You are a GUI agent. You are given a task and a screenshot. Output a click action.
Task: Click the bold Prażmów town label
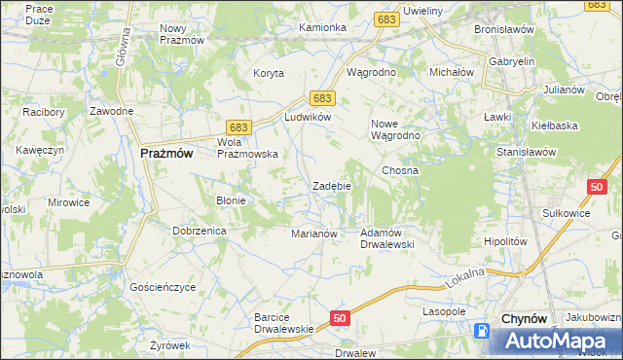pos(165,153)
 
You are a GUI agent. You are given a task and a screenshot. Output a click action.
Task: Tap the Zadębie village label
pos(331,186)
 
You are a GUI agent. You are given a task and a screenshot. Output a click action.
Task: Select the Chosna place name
pos(400,170)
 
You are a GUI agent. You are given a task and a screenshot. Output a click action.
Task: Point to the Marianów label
pos(314,234)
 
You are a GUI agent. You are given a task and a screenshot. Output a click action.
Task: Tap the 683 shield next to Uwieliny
pos(386,19)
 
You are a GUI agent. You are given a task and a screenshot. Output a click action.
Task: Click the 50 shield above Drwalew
pos(339,318)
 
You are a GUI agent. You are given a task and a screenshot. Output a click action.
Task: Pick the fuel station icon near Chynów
pos(482,331)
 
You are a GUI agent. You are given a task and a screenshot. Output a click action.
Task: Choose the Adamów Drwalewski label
pos(387,238)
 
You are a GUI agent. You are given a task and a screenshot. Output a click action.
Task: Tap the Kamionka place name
pos(322,27)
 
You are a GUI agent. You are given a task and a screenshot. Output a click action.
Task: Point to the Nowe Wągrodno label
pos(395,129)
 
